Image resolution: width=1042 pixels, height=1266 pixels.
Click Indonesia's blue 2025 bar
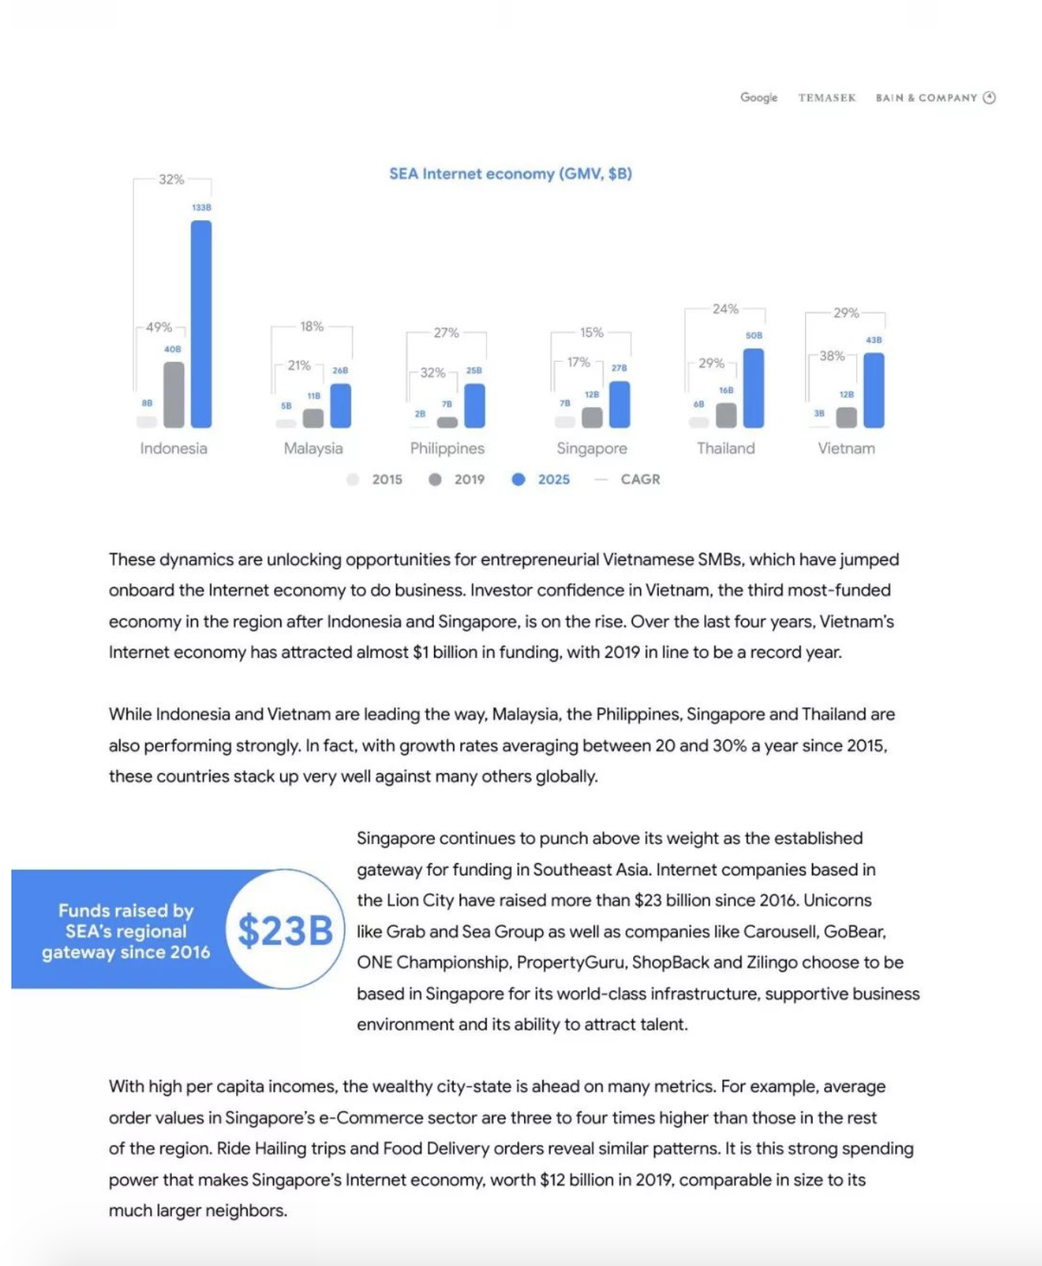(x=201, y=324)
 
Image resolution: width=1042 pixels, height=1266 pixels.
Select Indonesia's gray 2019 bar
(x=173, y=394)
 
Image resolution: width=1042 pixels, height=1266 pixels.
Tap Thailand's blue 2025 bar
(x=753, y=388)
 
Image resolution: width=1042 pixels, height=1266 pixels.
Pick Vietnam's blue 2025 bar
(x=874, y=390)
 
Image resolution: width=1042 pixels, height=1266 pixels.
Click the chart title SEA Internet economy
(x=510, y=174)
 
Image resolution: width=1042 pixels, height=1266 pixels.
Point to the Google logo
(x=759, y=98)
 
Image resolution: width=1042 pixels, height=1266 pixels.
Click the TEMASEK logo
(x=827, y=98)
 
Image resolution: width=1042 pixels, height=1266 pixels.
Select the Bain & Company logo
(x=935, y=98)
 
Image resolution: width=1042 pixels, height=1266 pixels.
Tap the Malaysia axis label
(x=314, y=448)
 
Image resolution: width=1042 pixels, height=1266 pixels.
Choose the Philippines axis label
(x=447, y=448)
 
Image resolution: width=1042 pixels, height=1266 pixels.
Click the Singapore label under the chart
(x=591, y=448)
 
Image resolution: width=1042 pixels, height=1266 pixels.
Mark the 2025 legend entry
(x=543, y=479)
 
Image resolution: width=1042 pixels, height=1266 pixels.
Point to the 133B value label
(x=201, y=207)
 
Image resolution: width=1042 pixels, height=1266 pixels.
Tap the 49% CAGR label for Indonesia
(x=159, y=327)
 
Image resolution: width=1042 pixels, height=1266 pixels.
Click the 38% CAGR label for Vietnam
(x=831, y=356)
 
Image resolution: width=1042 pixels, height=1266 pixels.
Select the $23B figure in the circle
(x=285, y=931)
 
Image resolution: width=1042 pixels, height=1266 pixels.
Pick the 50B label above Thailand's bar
(x=754, y=335)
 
